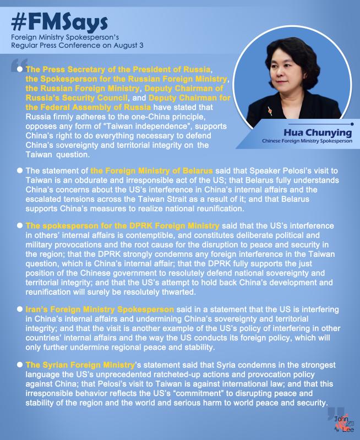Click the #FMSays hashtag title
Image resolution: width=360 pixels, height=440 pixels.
point(58,23)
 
